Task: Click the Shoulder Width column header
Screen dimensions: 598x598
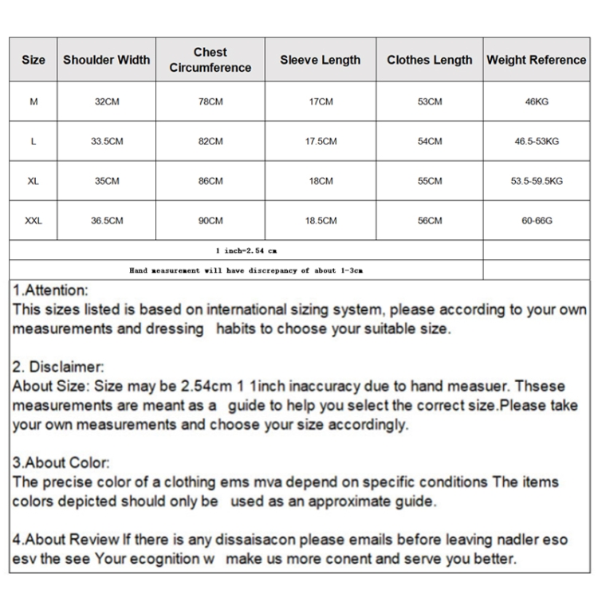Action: pyautogui.click(x=106, y=60)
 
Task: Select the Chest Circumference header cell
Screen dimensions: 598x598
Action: pyautogui.click(x=210, y=60)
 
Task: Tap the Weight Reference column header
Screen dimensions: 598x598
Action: pyautogui.click(x=536, y=60)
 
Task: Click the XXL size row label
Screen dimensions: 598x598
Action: pyautogui.click(x=33, y=221)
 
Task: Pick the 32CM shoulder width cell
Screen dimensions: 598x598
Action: pyautogui.click(x=106, y=102)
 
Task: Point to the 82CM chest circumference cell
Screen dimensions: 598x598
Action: pyautogui.click(x=210, y=141)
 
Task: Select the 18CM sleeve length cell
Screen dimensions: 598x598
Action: pyautogui.click(x=321, y=181)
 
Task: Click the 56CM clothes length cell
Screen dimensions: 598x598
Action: pyautogui.click(x=429, y=221)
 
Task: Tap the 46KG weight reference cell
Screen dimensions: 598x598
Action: pyautogui.click(x=536, y=102)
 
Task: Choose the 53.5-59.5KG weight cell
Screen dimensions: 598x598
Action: pyautogui.click(x=536, y=181)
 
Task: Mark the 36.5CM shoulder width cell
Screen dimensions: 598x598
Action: pyautogui.click(x=106, y=221)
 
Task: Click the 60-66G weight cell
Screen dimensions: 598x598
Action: pyautogui.click(x=536, y=221)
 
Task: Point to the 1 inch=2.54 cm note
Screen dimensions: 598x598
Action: pyautogui.click(x=246, y=250)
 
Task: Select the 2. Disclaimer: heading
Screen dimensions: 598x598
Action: pyautogui.click(x=58, y=368)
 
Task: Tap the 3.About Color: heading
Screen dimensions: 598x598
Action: pyautogui.click(x=61, y=463)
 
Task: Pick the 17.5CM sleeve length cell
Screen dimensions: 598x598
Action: pyautogui.click(x=321, y=141)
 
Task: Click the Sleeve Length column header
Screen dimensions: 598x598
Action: pyautogui.click(x=321, y=60)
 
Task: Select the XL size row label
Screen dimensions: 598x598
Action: pyautogui.click(x=33, y=181)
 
